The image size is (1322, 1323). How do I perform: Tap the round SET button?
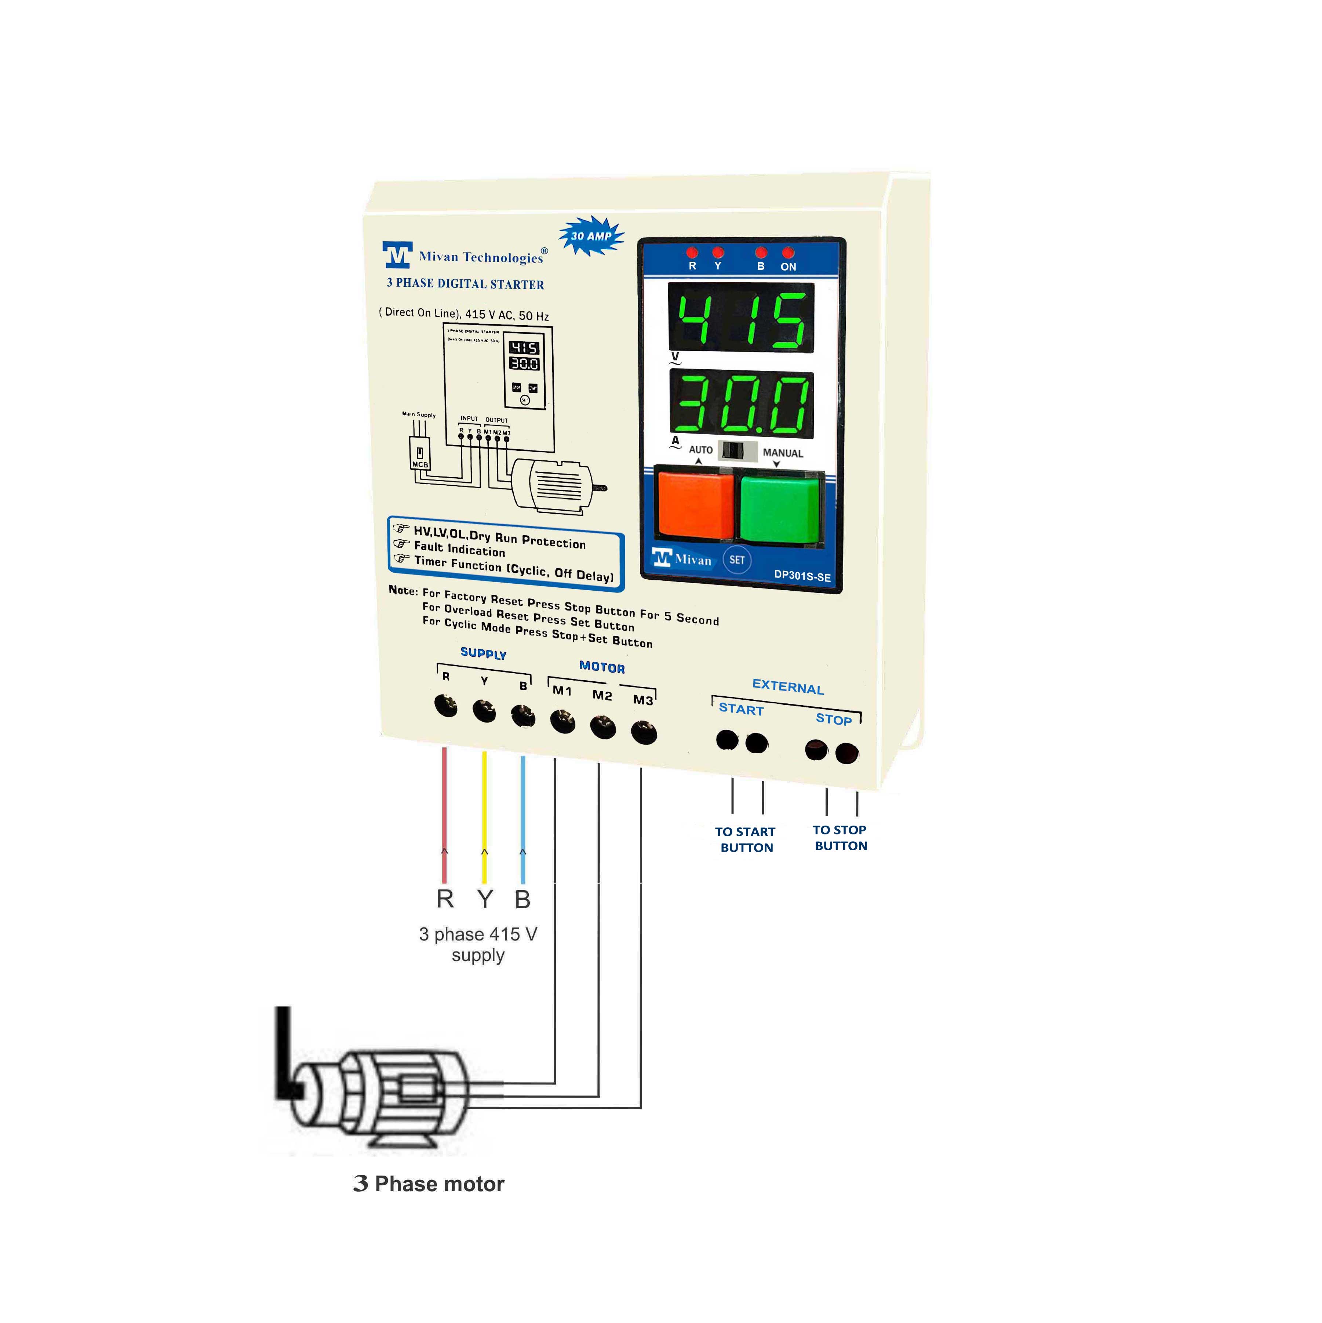coord(737,560)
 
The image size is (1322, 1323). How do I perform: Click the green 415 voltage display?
coord(741,318)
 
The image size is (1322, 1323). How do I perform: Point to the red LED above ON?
coord(788,253)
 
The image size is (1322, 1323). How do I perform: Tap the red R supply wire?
coord(444,815)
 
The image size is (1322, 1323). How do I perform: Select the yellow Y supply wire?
coord(484,815)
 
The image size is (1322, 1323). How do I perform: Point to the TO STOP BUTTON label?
coord(840,837)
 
